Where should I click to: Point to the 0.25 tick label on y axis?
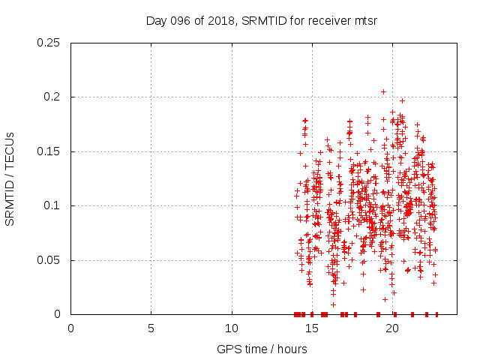point(49,43)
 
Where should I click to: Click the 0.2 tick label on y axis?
point(52,97)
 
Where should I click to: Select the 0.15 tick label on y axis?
point(49,151)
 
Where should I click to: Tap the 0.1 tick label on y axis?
point(52,206)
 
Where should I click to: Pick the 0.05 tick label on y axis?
point(49,260)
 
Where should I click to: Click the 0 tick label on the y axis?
point(58,314)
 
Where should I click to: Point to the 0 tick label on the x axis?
point(70,328)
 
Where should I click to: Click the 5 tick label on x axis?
point(151,328)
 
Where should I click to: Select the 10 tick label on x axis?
point(232,328)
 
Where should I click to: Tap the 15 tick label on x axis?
point(312,328)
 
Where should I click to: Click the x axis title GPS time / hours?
point(262,349)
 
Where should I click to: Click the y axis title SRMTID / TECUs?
point(10,178)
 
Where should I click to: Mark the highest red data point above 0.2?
point(383,91)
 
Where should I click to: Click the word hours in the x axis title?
point(292,349)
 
